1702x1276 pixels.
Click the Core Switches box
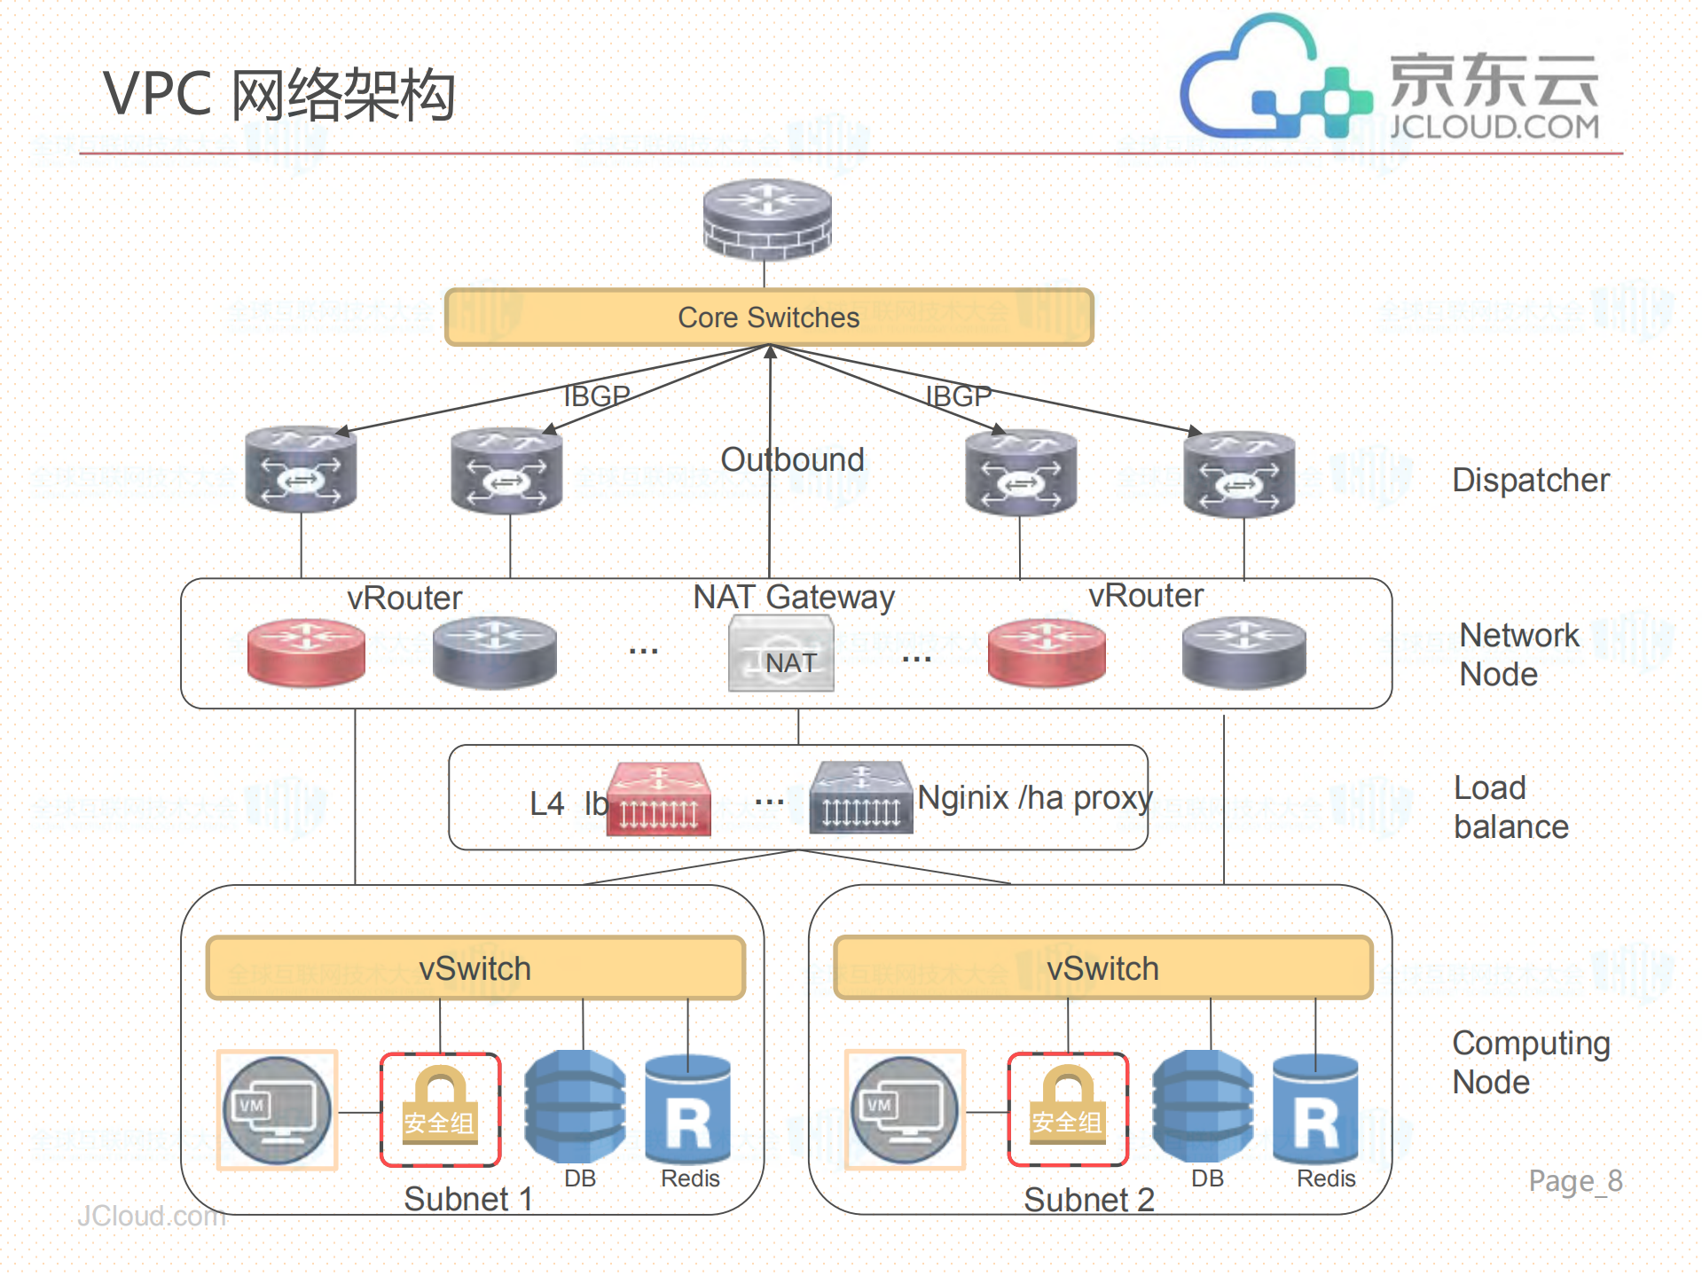768,317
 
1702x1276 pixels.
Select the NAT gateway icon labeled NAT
780,654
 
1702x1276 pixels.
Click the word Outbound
792,459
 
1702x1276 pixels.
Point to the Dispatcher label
1530,480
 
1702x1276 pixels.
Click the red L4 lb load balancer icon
658,799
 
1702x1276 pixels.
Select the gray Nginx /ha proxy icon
860,798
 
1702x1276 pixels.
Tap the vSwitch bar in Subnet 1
475,968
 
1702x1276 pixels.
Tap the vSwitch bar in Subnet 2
1102,968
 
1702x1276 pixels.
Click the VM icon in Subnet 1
277,1110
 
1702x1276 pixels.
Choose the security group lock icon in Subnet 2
1067,1109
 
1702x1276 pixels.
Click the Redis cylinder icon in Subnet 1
688,1109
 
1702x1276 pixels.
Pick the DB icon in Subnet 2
1203,1107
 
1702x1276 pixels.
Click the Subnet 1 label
468,1199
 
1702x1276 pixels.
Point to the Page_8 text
1575,1180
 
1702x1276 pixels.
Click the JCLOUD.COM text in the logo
1494,126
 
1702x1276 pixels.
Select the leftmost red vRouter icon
306,652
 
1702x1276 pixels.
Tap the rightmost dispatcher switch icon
1239,472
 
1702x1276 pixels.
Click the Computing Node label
1530,1062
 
